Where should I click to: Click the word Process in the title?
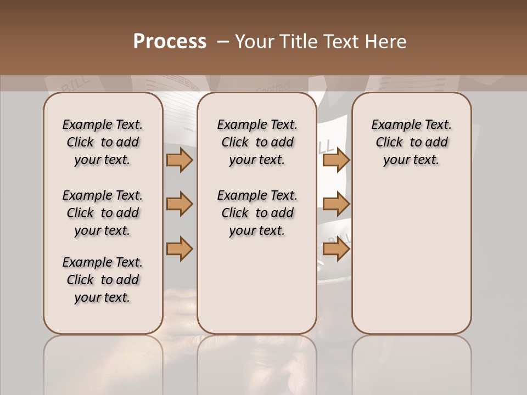coord(170,42)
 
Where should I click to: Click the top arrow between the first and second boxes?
coord(180,160)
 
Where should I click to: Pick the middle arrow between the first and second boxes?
coord(180,205)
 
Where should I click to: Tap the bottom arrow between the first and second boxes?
coord(180,249)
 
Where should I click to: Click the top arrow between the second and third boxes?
coord(336,160)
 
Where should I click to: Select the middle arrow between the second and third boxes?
coord(336,205)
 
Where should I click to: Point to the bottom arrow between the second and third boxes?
coord(336,249)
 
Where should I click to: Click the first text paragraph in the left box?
coord(103,142)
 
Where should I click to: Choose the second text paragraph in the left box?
coord(103,213)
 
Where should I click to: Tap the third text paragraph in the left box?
coord(103,280)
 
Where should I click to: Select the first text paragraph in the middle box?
coord(257,142)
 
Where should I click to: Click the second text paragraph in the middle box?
coord(257,213)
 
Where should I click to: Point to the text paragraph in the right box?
coord(411,142)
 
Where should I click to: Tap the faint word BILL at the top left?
coord(72,86)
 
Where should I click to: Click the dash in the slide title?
coord(223,42)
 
